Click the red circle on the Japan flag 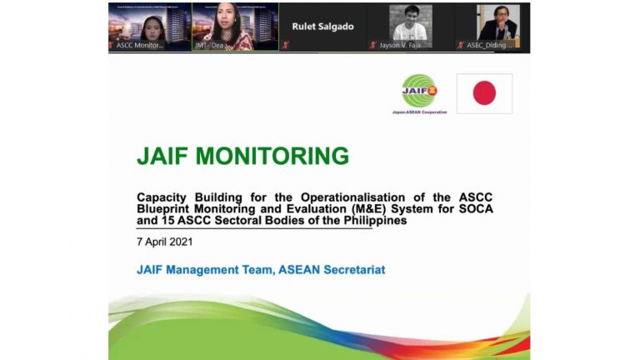tap(484, 93)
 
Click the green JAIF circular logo tap(419, 90)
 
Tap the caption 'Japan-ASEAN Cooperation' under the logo tap(419, 112)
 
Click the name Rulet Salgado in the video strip tap(322, 27)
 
